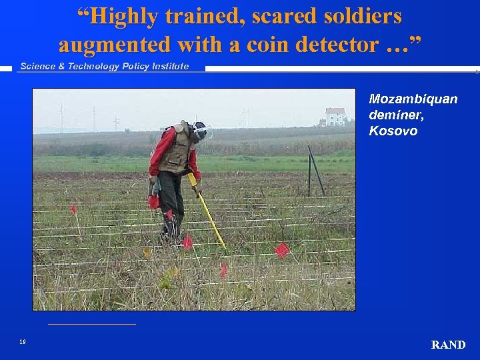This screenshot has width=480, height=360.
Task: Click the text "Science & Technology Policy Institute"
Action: (x=105, y=66)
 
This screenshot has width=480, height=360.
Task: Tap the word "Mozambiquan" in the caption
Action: (x=413, y=99)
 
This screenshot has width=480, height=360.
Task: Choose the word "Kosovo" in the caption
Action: (x=393, y=131)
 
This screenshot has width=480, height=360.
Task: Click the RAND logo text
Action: (x=448, y=345)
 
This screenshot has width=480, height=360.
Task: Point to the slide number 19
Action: (x=23, y=342)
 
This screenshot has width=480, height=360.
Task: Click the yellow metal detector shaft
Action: (x=208, y=213)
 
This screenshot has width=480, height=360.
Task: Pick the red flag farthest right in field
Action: (x=282, y=249)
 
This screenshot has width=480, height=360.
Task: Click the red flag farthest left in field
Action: (x=73, y=209)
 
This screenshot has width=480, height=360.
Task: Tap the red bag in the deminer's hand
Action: (x=154, y=201)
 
